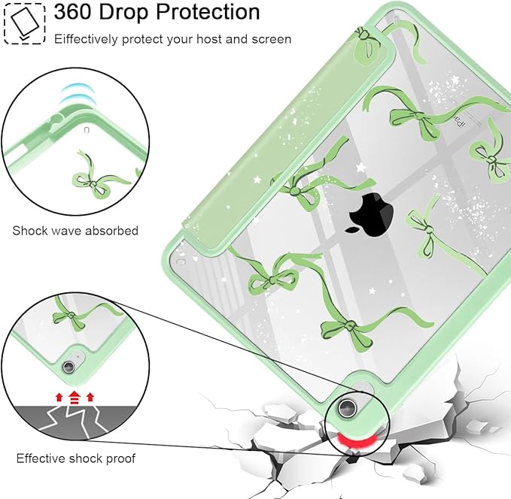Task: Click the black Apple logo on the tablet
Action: (370, 214)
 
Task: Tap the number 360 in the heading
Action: (73, 12)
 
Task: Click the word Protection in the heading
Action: (208, 12)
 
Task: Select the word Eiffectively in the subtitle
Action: (86, 39)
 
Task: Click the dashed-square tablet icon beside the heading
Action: (25, 23)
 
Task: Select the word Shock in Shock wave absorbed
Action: (28, 231)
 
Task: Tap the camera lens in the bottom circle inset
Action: (68, 367)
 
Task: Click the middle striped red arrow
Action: (75, 398)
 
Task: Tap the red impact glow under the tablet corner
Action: (355, 441)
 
